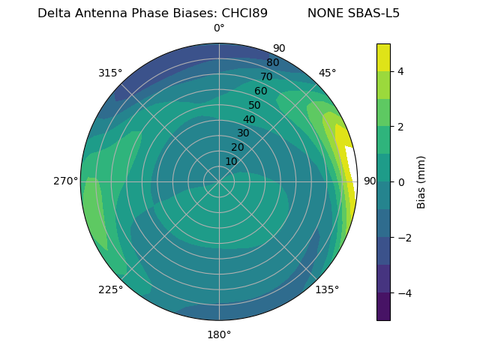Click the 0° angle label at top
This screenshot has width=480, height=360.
219,28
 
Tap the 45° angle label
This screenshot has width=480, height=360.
327,73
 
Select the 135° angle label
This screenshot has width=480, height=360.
327,289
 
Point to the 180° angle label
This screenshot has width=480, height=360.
219,334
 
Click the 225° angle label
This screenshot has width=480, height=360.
110,289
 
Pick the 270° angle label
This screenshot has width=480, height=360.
66,181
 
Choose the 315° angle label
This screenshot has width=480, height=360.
110,73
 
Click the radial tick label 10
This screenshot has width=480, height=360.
231,161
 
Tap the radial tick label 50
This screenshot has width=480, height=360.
254,105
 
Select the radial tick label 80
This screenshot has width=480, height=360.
272,63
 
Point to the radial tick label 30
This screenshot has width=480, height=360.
243,133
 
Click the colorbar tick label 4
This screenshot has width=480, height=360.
401,71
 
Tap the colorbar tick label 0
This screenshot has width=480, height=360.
401,182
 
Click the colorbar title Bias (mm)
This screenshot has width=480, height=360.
421,182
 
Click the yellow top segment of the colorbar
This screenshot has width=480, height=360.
383,57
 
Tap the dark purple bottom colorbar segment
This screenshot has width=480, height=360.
383,307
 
